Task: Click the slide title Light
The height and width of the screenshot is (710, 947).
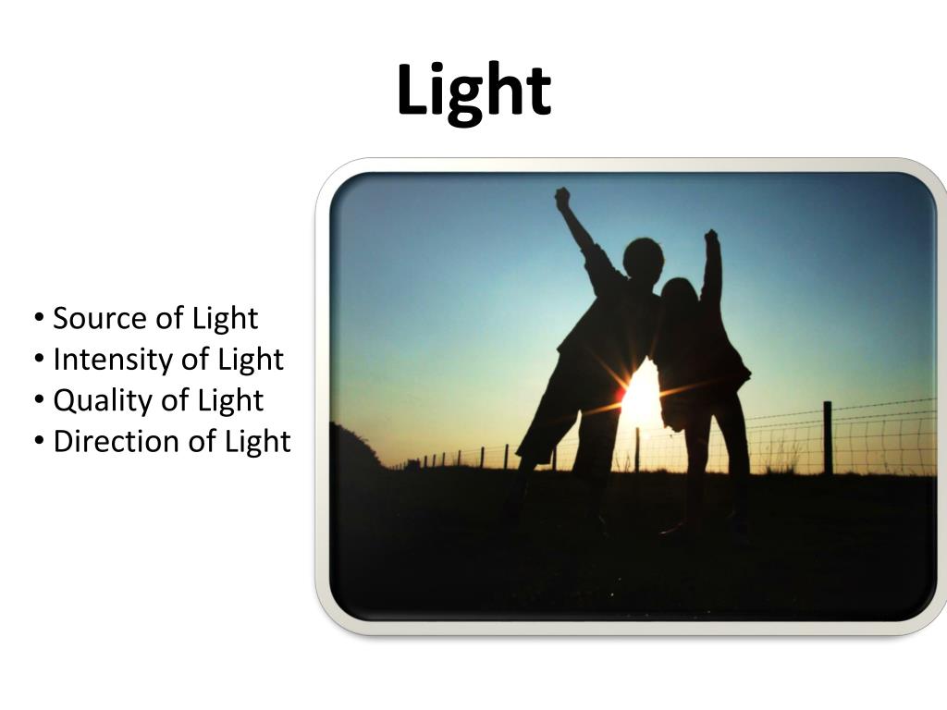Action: pos(473,91)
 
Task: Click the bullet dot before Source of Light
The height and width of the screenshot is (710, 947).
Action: pos(40,319)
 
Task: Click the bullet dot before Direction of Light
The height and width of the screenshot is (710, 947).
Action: pos(40,442)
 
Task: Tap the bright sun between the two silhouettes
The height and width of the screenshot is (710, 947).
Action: pos(642,398)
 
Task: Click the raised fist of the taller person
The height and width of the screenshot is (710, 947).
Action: pos(562,197)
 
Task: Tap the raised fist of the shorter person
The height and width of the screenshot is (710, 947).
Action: pos(711,238)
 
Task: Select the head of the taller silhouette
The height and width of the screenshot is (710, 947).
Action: pos(643,258)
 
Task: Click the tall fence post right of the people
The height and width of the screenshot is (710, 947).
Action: pos(828,437)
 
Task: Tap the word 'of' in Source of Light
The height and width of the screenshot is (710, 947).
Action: pos(169,318)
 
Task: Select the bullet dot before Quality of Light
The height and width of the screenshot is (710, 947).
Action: pos(40,401)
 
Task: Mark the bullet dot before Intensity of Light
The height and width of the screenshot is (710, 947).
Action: pos(40,360)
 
